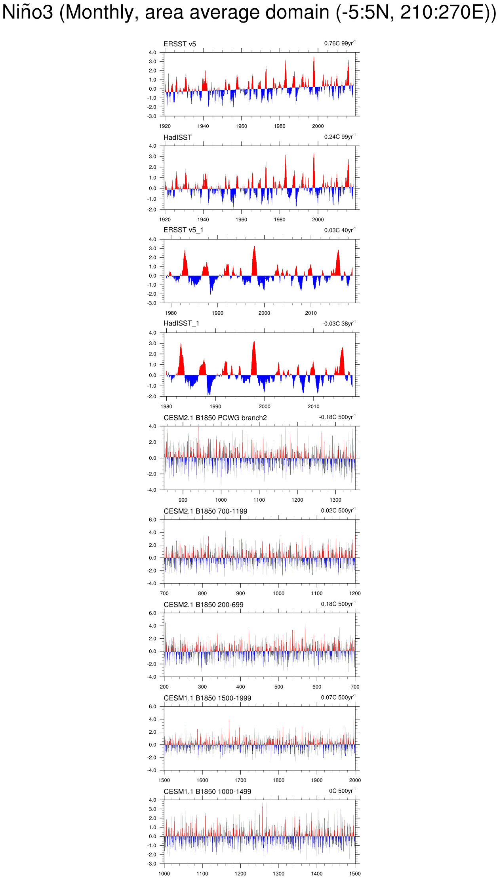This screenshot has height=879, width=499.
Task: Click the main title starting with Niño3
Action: (x=249, y=12)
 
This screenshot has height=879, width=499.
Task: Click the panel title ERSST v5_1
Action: (x=183, y=230)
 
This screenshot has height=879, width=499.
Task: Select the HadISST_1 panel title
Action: (x=181, y=323)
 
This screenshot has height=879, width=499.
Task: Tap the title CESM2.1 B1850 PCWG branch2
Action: (x=215, y=418)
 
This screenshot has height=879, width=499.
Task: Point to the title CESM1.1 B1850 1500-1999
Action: (x=207, y=698)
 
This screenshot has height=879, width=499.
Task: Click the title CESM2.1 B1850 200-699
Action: (x=203, y=605)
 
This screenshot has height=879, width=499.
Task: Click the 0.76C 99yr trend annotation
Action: (x=339, y=43)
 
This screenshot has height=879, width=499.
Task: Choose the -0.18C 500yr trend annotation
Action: (x=337, y=417)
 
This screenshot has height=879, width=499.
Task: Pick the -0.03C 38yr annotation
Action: (x=339, y=323)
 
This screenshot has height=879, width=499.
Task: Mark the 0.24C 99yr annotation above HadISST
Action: (x=339, y=137)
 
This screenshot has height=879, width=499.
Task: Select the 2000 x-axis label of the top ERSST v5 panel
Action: (x=318, y=126)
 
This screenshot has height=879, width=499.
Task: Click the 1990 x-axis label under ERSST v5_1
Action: (x=217, y=313)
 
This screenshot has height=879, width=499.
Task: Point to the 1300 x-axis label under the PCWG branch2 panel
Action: (x=335, y=500)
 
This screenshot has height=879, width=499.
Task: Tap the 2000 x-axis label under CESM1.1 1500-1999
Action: (x=355, y=780)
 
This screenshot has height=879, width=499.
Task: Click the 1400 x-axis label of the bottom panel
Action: (x=317, y=874)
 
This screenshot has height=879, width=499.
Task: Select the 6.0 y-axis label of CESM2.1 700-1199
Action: (x=152, y=520)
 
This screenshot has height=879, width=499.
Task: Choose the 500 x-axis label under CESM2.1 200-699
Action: (x=279, y=687)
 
